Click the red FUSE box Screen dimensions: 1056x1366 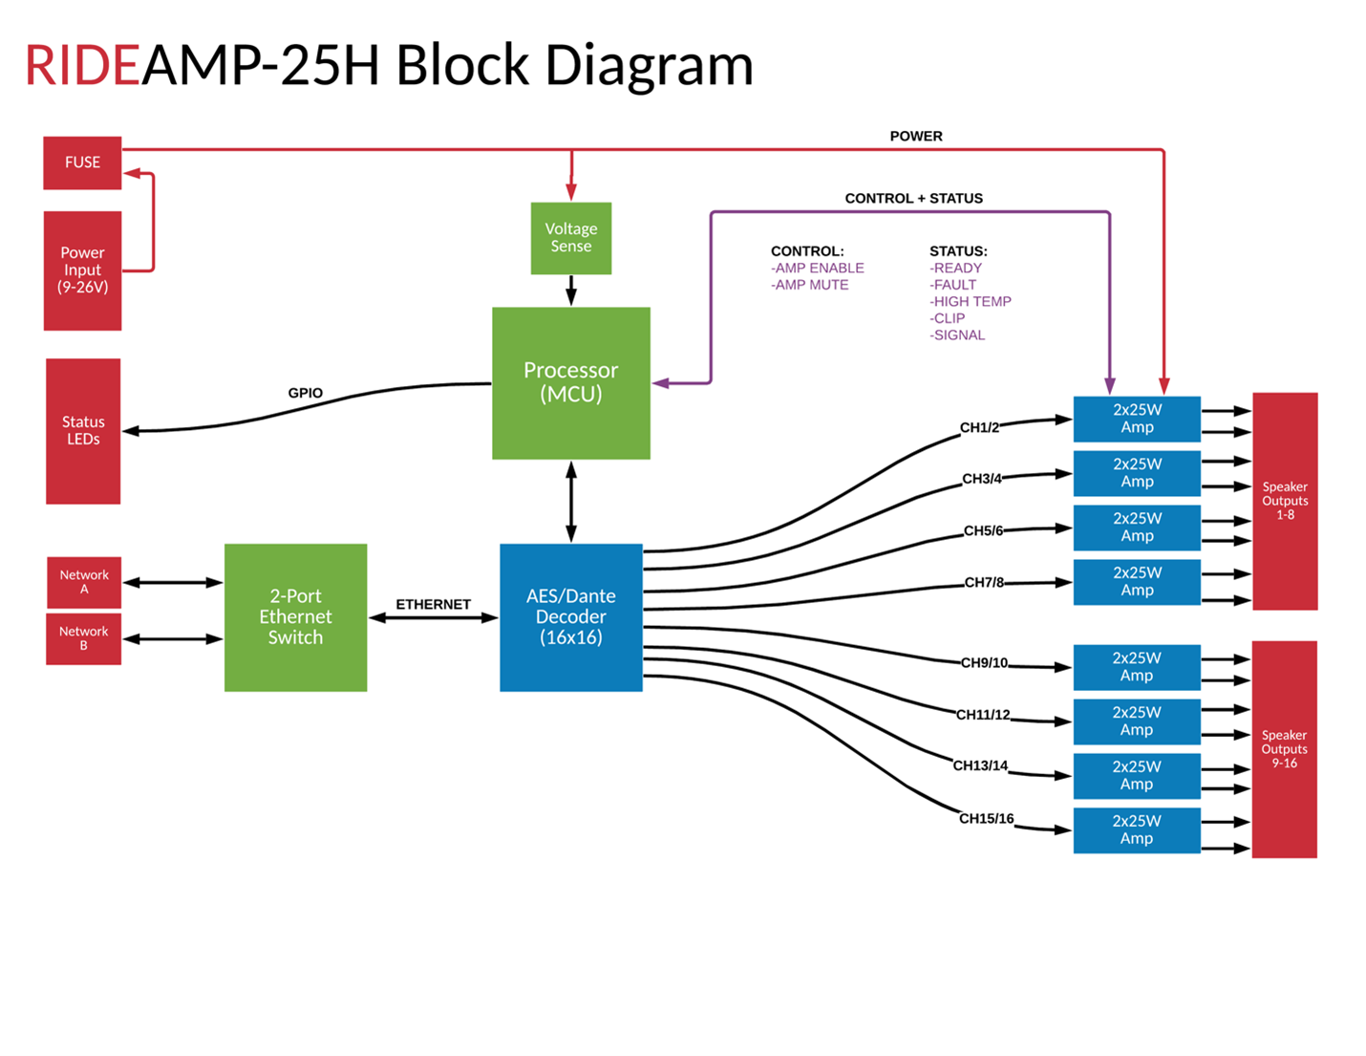coord(82,162)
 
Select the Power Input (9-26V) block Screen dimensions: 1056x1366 coord(82,270)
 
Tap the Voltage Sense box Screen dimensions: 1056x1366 coord(571,238)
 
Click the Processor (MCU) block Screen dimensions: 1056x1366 coord(571,382)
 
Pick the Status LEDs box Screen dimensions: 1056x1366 coord(83,431)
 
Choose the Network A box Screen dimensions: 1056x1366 coord(84,582)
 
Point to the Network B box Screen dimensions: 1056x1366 coord(84,638)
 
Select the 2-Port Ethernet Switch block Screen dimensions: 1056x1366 coord(295,617)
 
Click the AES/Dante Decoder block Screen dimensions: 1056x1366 coord(571,617)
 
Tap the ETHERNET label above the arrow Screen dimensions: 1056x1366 coord(433,604)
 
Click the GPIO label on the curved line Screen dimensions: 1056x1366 coord(306,393)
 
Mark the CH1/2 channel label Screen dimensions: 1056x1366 coord(979,427)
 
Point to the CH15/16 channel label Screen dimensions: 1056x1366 coord(986,819)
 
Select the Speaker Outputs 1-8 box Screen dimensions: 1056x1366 coord(1285,501)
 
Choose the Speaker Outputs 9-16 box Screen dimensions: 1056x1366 coord(1284,749)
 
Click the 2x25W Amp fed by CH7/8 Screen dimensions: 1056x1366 coord(1137,582)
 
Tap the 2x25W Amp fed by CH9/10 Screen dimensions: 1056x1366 coord(1137,667)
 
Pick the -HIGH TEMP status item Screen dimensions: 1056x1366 coord(971,301)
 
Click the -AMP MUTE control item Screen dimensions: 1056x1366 coord(810,285)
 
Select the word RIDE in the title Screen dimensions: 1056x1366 coord(82,66)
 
